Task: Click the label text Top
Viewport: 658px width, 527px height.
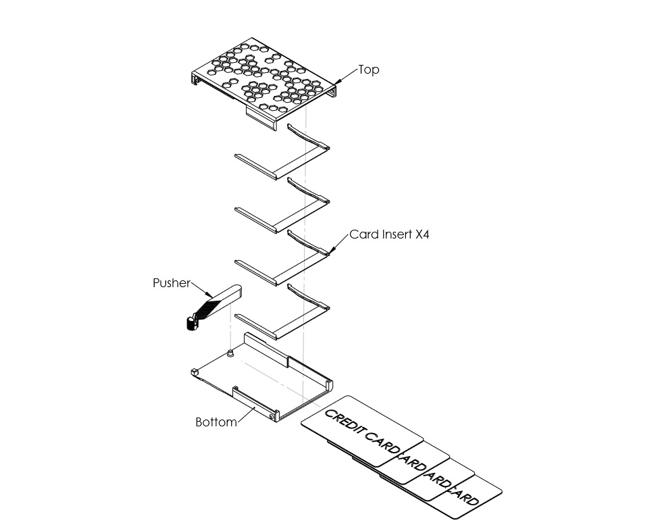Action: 368,70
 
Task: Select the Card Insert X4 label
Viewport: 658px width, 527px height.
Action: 389,235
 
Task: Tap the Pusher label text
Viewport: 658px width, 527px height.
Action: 172,283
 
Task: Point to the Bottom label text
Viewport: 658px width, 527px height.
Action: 216,422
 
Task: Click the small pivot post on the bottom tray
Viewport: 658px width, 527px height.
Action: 231,353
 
